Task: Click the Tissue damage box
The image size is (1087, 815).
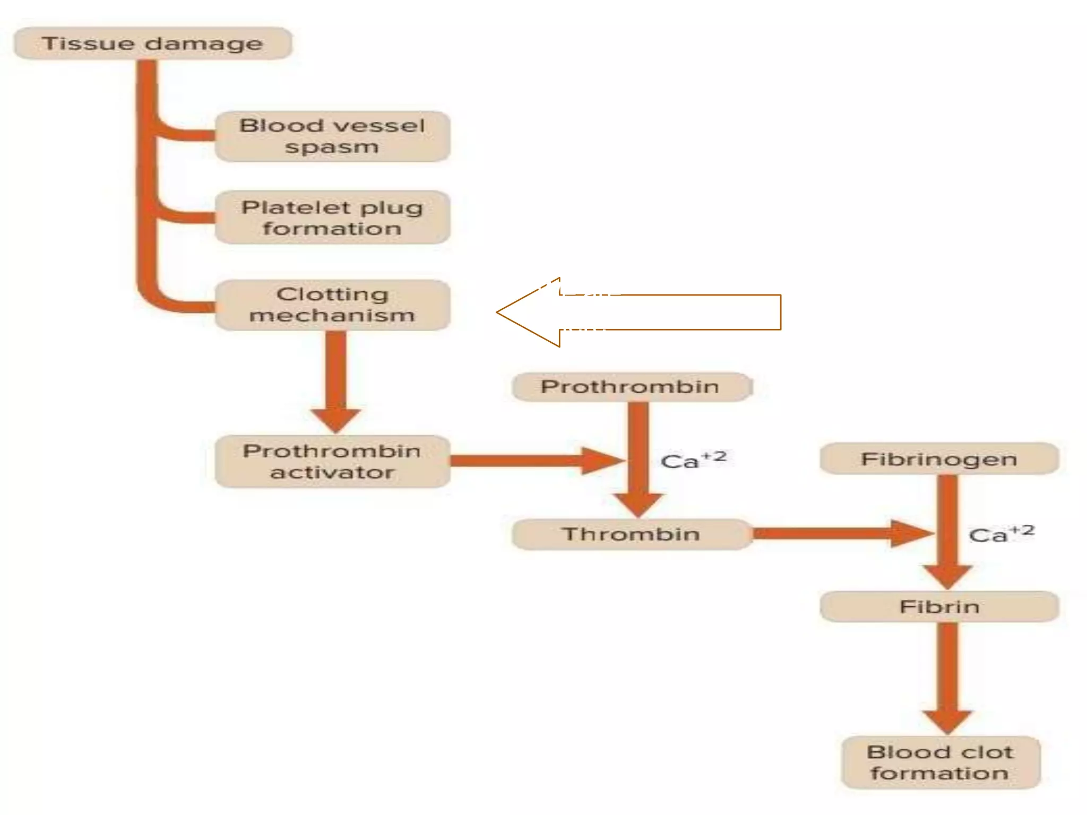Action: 152,44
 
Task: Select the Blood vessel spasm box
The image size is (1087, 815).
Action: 332,136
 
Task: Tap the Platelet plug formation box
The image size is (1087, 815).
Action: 332,218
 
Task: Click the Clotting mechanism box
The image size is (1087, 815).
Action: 332,305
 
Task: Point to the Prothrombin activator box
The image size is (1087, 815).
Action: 332,462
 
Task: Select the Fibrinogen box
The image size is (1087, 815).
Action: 939,459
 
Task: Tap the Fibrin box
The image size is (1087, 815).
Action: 939,606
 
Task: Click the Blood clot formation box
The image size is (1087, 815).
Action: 940,762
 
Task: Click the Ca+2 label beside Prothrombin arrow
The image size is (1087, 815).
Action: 693,460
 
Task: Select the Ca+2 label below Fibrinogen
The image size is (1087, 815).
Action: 1001,534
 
